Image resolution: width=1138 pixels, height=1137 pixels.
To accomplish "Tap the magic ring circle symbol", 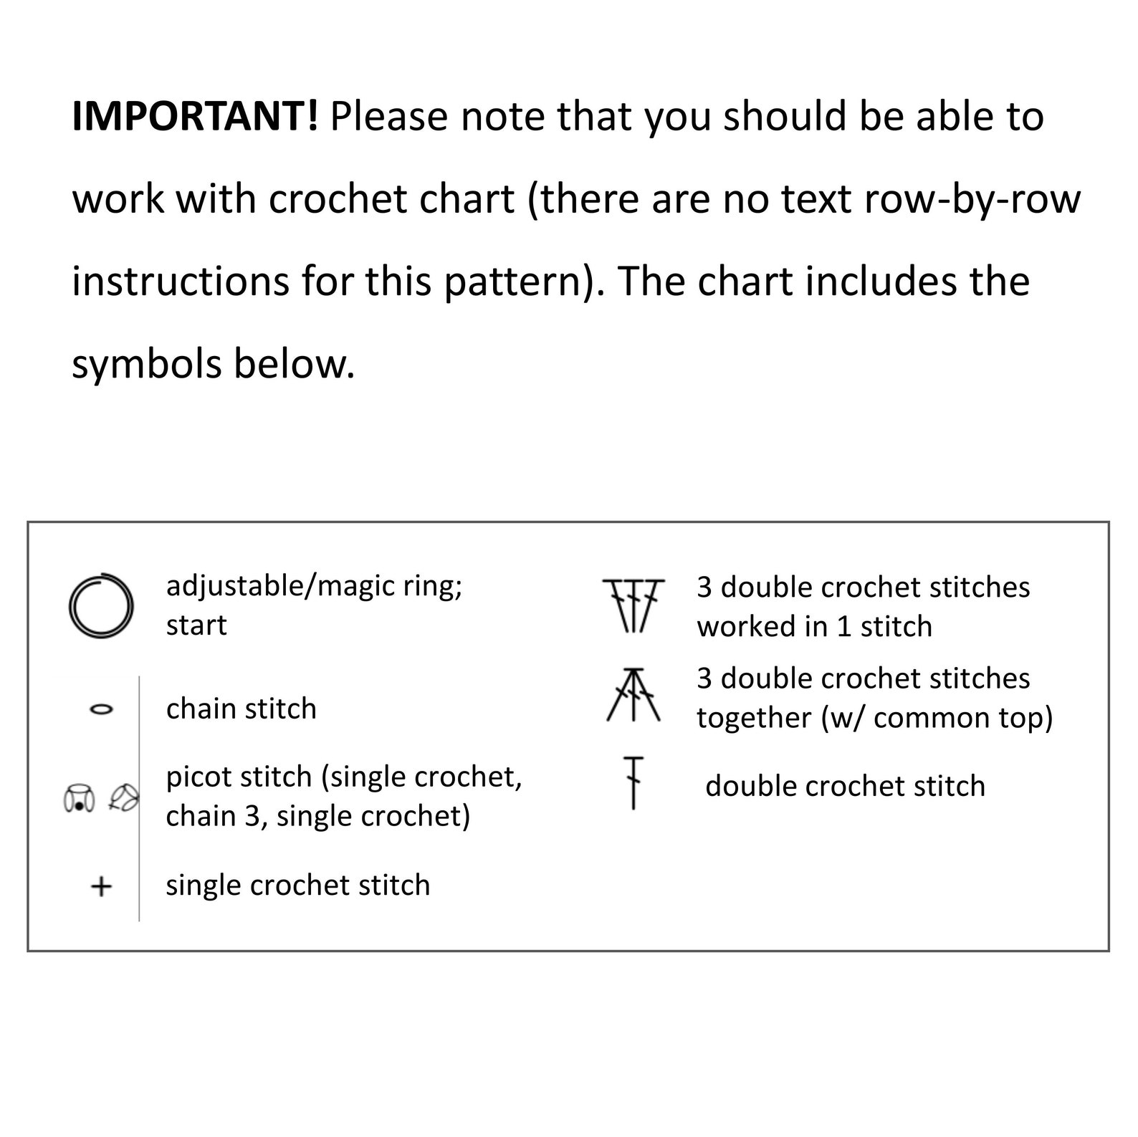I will [x=101, y=605].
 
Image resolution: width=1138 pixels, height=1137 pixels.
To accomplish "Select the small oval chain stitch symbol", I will [x=101, y=709].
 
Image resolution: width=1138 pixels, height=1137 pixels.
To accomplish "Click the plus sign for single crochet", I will [x=101, y=886].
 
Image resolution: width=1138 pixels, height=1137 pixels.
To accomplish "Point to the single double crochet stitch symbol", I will [x=633, y=782].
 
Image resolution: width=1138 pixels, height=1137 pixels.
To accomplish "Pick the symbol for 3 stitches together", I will [x=633, y=694].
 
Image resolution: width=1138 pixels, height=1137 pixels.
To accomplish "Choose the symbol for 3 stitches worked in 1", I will [x=633, y=605].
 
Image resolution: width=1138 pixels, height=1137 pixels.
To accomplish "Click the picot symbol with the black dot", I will [x=79, y=798].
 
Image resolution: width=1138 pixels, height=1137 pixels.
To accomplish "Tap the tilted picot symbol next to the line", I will [x=124, y=797].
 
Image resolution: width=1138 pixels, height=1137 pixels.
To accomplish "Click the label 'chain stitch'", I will [x=241, y=709].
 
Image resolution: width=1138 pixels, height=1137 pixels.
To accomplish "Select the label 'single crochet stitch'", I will [x=297, y=886].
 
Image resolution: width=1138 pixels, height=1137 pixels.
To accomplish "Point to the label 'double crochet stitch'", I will [x=845, y=786].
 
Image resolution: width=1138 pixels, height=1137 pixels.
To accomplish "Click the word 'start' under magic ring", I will [x=196, y=625].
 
